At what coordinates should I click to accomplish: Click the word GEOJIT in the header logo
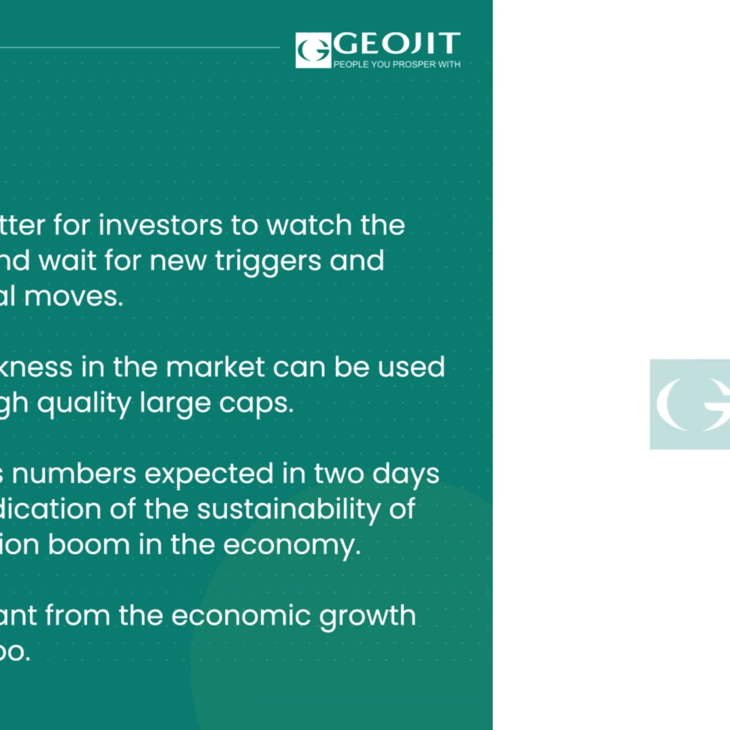click(397, 45)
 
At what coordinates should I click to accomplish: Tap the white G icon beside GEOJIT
click(313, 50)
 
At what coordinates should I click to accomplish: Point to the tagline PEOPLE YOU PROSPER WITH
click(397, 64)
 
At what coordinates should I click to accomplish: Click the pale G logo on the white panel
click(690, 404)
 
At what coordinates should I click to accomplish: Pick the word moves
click(84, 296)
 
